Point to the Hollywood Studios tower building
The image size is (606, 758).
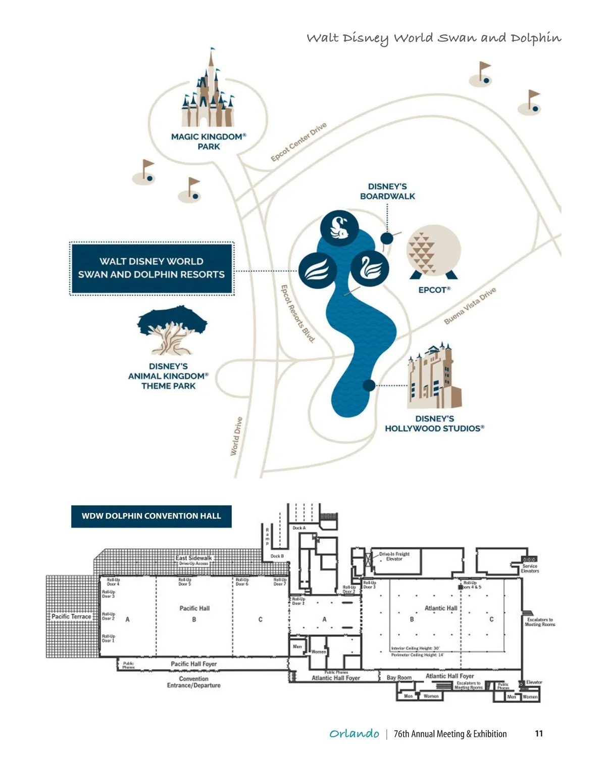tap(434, 376)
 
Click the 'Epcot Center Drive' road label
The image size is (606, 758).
tap(298, 142)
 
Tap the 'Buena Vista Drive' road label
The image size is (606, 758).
tap(470, 306)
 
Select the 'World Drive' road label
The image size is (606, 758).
tap(236, 436)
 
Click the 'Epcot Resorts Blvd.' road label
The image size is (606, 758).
tap(297, 314)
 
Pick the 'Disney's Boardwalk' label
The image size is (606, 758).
tap(387, 192)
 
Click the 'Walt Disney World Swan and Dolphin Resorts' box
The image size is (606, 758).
tap(151, 268)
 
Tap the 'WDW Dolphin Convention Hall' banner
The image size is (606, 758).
tap(151, 516)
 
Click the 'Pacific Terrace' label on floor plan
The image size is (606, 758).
tap(71, 617)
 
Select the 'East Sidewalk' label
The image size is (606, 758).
tap(193, 558)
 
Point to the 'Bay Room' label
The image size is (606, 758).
tap(399, 678)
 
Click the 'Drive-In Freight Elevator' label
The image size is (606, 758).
tap(394, 556)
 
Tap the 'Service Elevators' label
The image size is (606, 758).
tap(530, 568)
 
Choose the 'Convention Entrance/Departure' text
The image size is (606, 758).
tap(194, 682)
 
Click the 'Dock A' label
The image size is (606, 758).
tap(299, 528)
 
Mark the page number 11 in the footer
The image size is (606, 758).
tap(539, 734)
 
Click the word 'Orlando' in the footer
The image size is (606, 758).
tap(354, 734)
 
